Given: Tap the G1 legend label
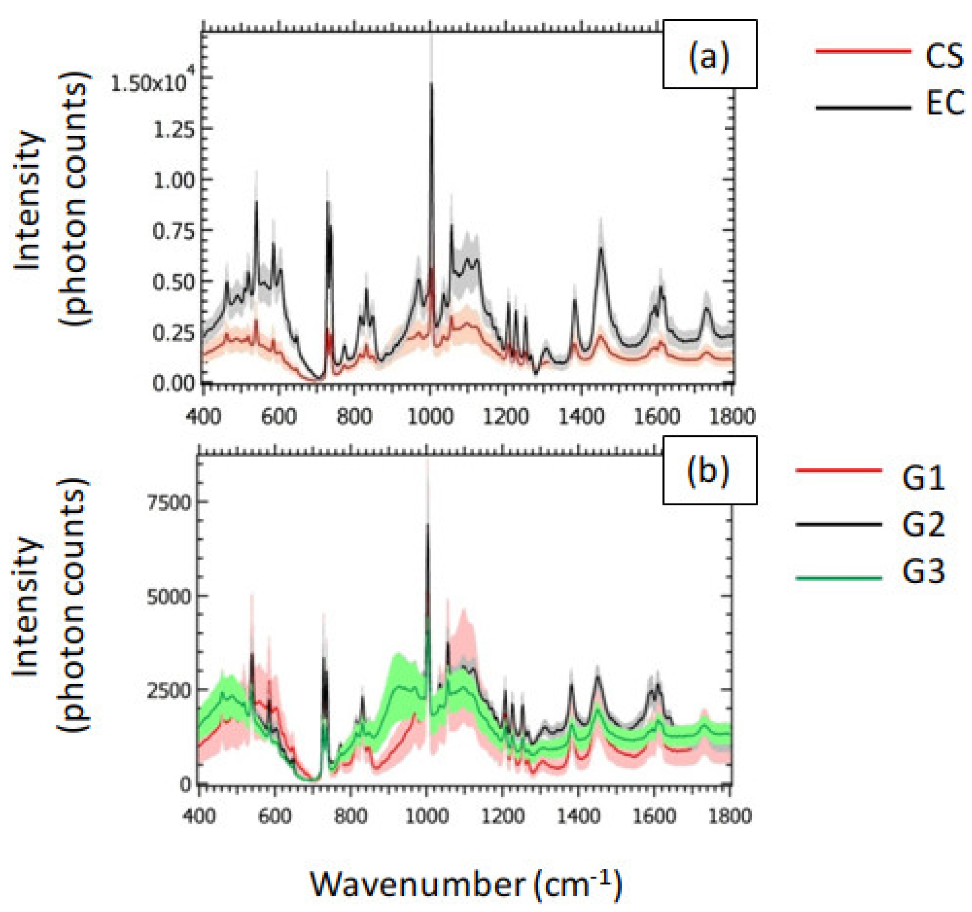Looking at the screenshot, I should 923,478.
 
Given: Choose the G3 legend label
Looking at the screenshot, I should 923,572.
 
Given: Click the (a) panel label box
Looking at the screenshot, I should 709,54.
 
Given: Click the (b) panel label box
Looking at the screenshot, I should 709,470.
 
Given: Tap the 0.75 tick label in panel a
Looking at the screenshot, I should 173,231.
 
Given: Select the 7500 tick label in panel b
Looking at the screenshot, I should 169,502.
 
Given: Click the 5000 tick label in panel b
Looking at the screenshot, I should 169,596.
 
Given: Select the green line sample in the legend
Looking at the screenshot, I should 839,579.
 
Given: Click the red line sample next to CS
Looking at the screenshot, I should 863,50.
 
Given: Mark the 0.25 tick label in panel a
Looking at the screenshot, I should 173,333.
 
